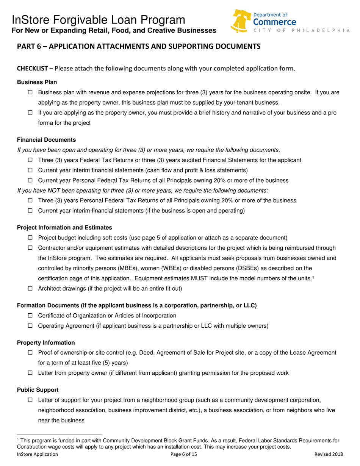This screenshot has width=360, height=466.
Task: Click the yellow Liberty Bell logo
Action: click(x=241, y=21)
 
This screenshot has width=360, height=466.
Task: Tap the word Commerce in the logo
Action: click(x=275, y=22)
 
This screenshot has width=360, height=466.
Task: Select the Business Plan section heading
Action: click(x=37, y=82)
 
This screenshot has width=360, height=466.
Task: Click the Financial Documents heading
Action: click(x=47, y=140)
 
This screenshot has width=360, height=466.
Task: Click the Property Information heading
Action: click(x=46, y=342)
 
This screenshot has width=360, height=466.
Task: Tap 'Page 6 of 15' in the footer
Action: click(x=184, y=454)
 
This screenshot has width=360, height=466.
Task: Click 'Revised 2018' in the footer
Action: click(x=329, y=454)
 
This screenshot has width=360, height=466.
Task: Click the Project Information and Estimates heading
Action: click(x=64, y=228)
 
